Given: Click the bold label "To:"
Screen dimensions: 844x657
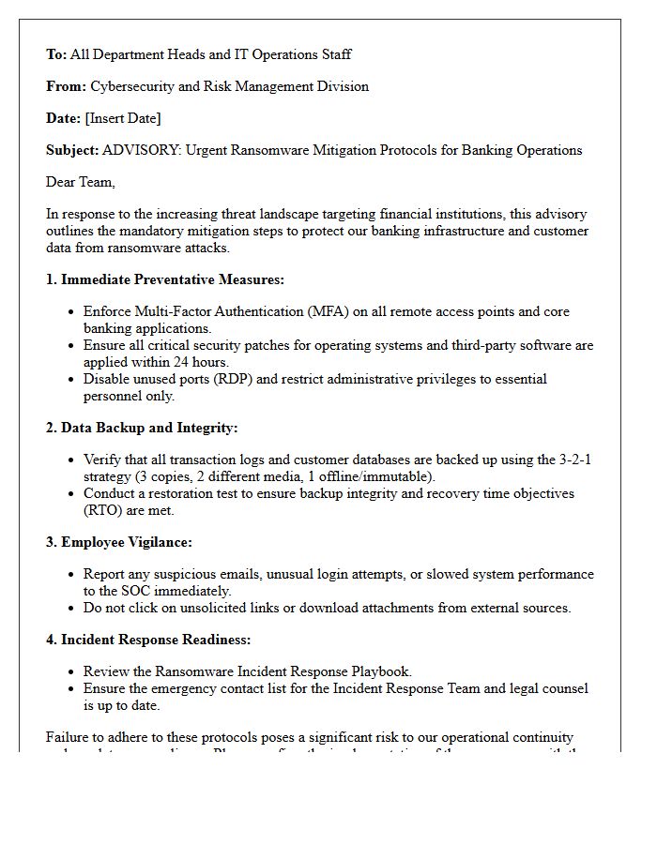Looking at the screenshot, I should point(56,54).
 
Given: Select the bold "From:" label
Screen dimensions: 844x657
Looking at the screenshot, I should point(66,86).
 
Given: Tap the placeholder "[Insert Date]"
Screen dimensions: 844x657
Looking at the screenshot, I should point(123,118).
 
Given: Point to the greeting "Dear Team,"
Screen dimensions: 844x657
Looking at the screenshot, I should point(81,182).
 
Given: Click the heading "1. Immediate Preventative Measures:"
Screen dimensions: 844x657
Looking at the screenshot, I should point(165,279).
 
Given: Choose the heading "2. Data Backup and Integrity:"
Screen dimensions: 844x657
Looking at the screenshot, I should point(142,428).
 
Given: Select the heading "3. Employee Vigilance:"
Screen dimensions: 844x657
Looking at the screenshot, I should point(119,542).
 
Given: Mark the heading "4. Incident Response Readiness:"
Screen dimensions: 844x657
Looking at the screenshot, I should point(147,640).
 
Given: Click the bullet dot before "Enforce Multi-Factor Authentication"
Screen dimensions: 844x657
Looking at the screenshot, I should point(72,312).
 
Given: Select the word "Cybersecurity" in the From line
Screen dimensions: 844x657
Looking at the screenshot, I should point(132,86).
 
